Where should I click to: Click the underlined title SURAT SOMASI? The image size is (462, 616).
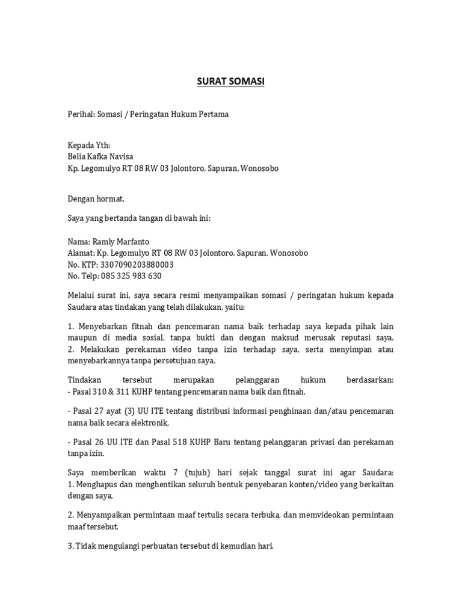pos(230,81)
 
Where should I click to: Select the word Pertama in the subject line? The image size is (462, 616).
pos(214,114)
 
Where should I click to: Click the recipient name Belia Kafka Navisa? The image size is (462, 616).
pos(101,157)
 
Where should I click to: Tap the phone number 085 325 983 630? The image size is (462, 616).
pos(132,276)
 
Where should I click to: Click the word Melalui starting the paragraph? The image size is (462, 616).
pos(82,295)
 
